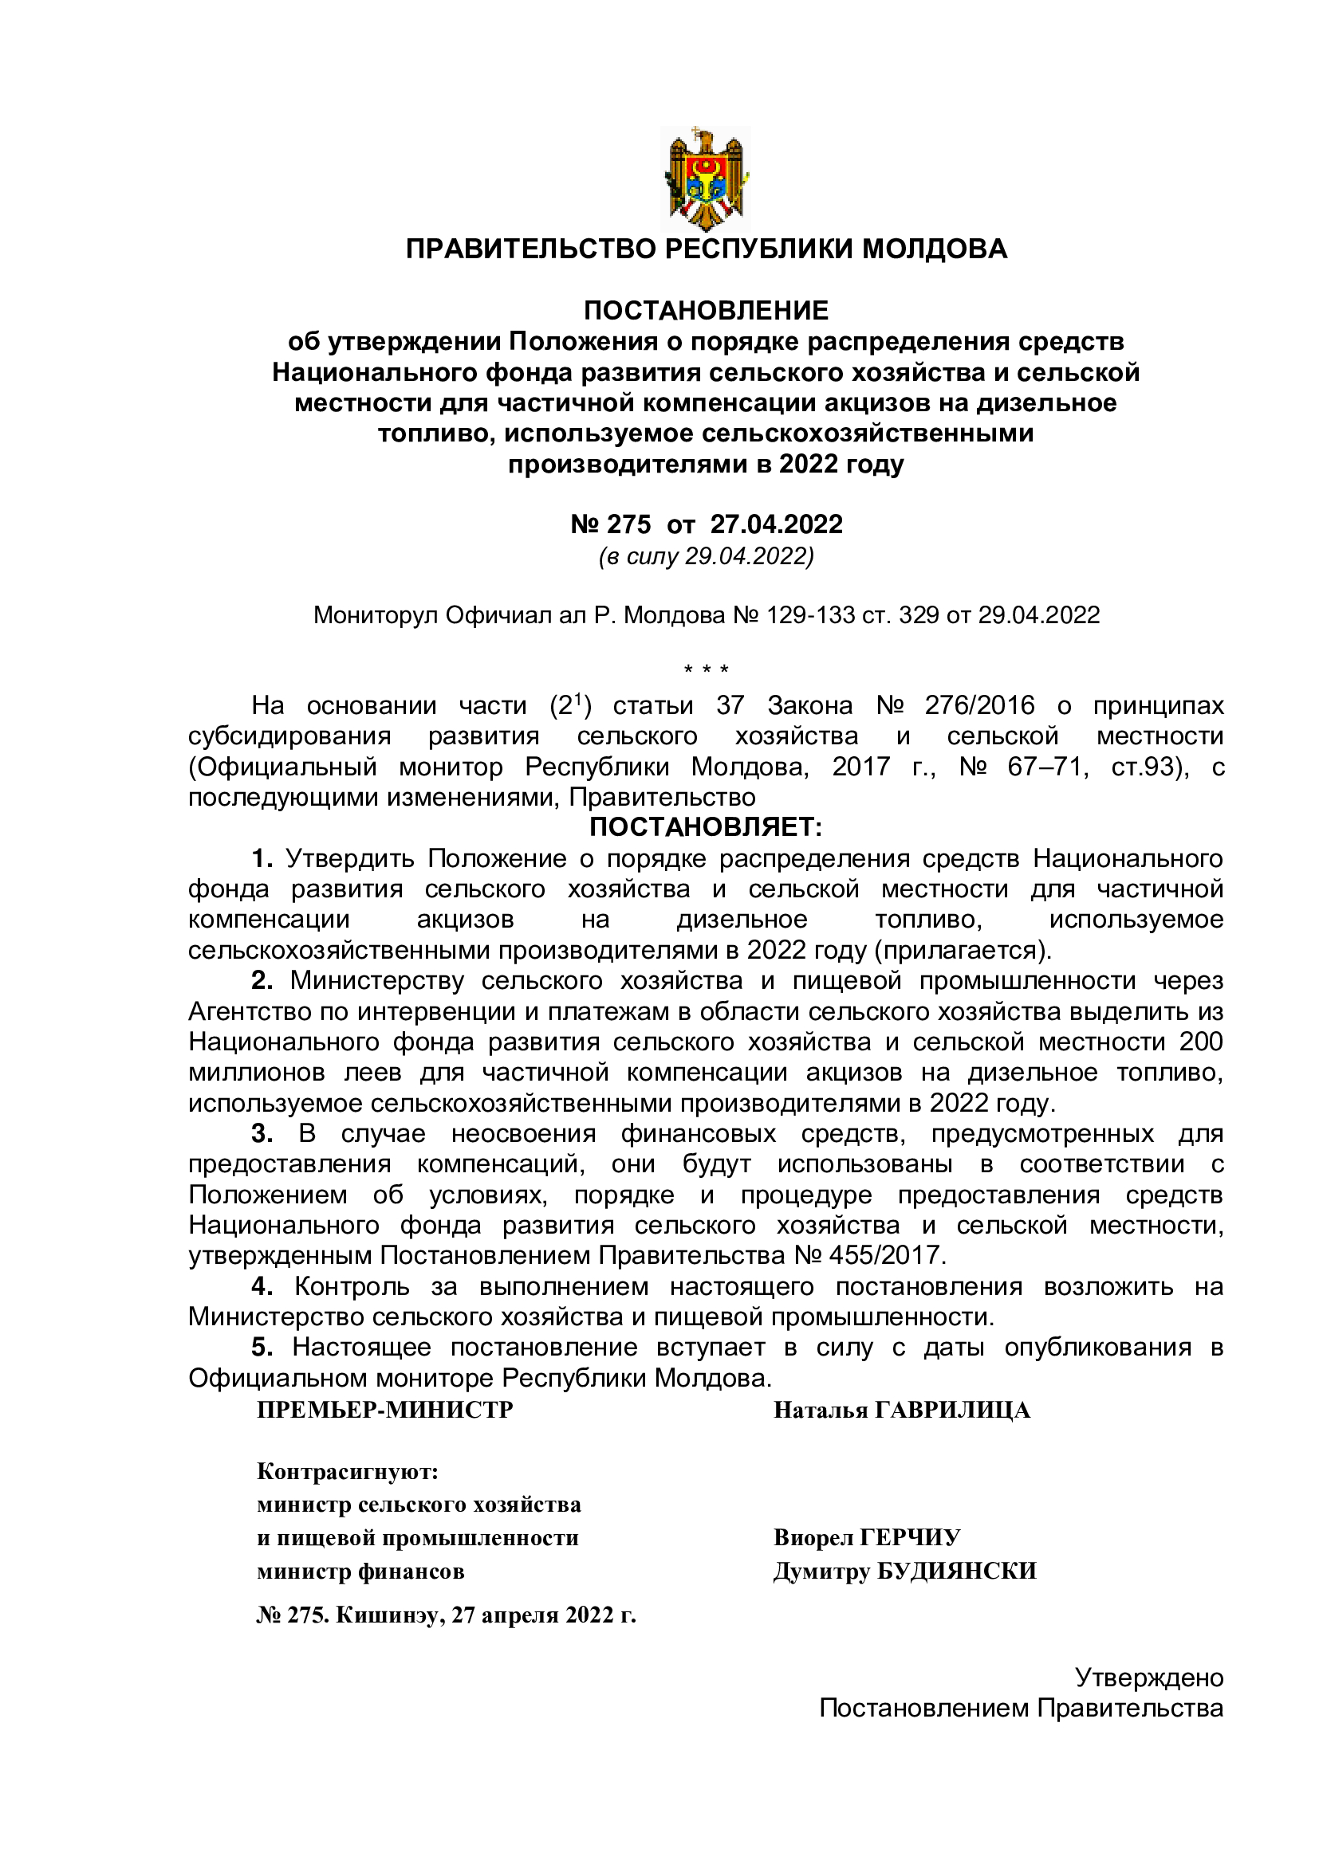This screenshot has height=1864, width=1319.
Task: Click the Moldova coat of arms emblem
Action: click(706, 179)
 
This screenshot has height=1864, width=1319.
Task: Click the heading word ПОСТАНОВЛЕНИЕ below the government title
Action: click(706, 310)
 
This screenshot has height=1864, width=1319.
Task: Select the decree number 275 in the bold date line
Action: click(628, 524)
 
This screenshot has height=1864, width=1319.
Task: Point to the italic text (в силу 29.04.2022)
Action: click(706, 556)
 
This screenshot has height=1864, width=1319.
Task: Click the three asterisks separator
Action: click(706, 669)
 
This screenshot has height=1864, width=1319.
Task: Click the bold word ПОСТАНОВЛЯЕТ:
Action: click(705, 827)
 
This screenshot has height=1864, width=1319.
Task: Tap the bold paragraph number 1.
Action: click(261, 858)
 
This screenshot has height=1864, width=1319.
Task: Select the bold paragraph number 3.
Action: click(261, 1133)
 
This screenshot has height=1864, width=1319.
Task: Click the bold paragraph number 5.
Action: click(261, 1347)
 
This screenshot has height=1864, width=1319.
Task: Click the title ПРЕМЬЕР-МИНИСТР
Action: click(385, 1410)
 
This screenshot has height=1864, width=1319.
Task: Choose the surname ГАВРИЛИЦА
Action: click(952, 1411)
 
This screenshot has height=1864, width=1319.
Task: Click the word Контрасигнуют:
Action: click(348, 1471)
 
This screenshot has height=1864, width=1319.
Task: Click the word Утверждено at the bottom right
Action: click(1148, 1678)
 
